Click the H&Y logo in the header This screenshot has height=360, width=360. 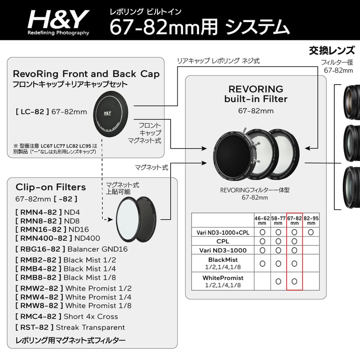click(58, 20)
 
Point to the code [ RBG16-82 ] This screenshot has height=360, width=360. click(40, 249)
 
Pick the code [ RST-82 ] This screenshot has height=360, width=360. click(34, 327)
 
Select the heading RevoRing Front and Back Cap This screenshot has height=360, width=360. click(86, 73)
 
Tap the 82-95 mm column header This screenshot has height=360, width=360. click(311, 220)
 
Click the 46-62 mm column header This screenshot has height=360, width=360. click(262, 220)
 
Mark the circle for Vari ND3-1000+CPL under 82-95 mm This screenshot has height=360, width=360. click(311, 232)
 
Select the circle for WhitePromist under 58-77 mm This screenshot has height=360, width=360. click(279, 281)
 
